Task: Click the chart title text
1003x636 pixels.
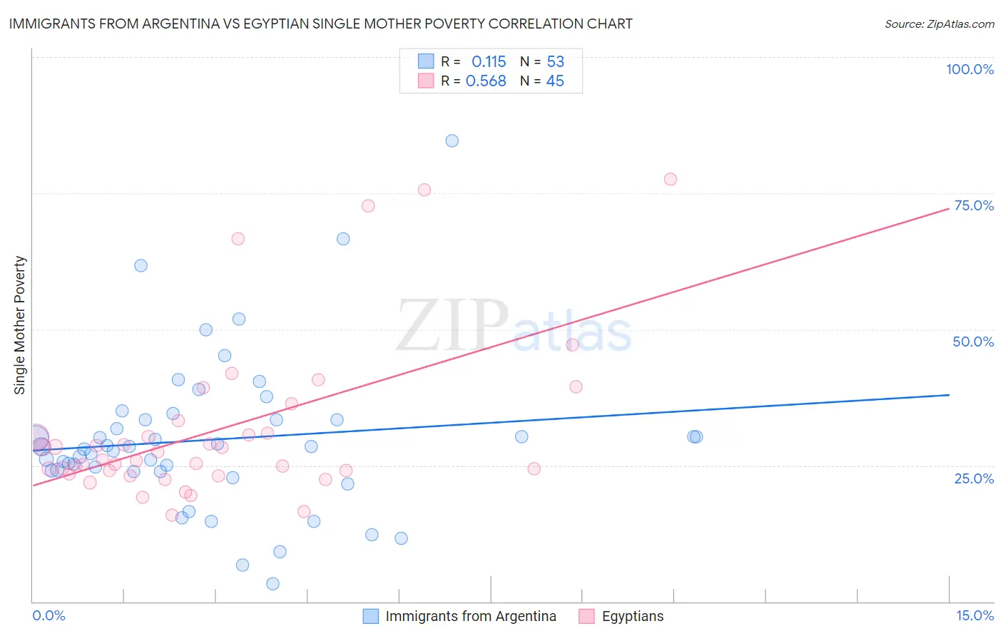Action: click(320, 24)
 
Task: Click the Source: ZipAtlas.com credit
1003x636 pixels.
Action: click(939, 24)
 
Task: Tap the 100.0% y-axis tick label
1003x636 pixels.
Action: click(969, 69)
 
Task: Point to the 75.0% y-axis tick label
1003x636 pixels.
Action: click(974, 205)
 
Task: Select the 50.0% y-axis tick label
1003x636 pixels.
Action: click(973, 342)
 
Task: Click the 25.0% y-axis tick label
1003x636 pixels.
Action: click(974, 478)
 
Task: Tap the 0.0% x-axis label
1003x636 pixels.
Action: click(49, 615)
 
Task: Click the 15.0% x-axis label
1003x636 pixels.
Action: click(974, 615)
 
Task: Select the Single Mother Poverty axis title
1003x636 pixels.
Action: click(20, 325)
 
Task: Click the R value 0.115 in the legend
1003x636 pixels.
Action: click(489, 62)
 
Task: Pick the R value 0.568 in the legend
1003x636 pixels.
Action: click(486, 81)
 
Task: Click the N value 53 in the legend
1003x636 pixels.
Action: click(555, 62)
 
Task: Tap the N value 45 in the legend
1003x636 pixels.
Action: click(554, 81)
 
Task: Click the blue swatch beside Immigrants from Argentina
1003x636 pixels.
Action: click(371, 616)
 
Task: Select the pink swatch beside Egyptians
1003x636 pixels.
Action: click(586, 616)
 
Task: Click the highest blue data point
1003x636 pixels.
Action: click(452, 140)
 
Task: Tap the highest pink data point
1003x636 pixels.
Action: click(670, 179)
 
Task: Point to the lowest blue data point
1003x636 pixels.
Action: click(273, 584)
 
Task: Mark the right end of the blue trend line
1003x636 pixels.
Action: click(949, 394)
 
